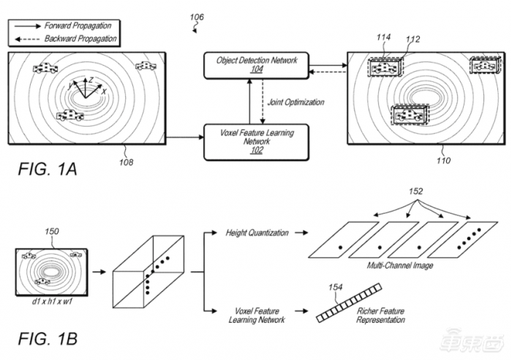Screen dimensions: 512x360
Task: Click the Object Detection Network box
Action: (256, 65)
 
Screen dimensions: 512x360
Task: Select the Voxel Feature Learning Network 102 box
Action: (256, 142)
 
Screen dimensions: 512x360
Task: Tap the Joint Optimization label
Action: (295, 102)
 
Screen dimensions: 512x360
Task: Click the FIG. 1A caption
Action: (48, 169)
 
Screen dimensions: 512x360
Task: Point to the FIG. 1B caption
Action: (48, 339)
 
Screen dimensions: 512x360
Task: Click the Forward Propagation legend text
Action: (78, 26)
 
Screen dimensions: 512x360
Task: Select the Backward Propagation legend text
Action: (80, 39)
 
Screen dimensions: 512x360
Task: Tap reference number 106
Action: (197, 17)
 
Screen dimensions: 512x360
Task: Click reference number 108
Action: (127, 162)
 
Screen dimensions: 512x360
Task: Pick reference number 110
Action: (443, 160)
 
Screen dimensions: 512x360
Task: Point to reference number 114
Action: (383, 37)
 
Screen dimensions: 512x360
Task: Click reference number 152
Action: (415, 191)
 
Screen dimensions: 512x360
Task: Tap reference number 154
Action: (335, 287)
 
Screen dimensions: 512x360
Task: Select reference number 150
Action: (52, 231)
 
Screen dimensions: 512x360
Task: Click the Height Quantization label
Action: (257, 233)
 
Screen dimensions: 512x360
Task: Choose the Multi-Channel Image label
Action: (400, 266)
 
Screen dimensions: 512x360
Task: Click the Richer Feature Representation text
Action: (381, 315)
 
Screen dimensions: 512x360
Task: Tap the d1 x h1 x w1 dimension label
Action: (52, 301)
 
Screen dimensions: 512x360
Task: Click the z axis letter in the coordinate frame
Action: (91, 80)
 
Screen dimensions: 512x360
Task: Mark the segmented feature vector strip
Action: (349, 303)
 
